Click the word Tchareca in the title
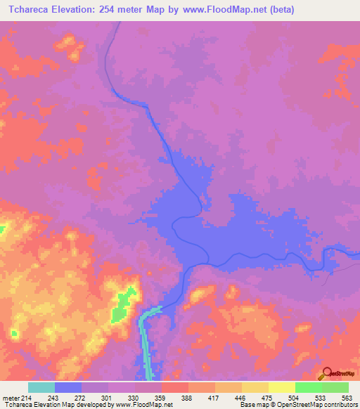(32, 10)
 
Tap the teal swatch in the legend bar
(41, 387)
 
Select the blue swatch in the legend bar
(68, 387)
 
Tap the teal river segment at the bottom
(146, 344)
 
